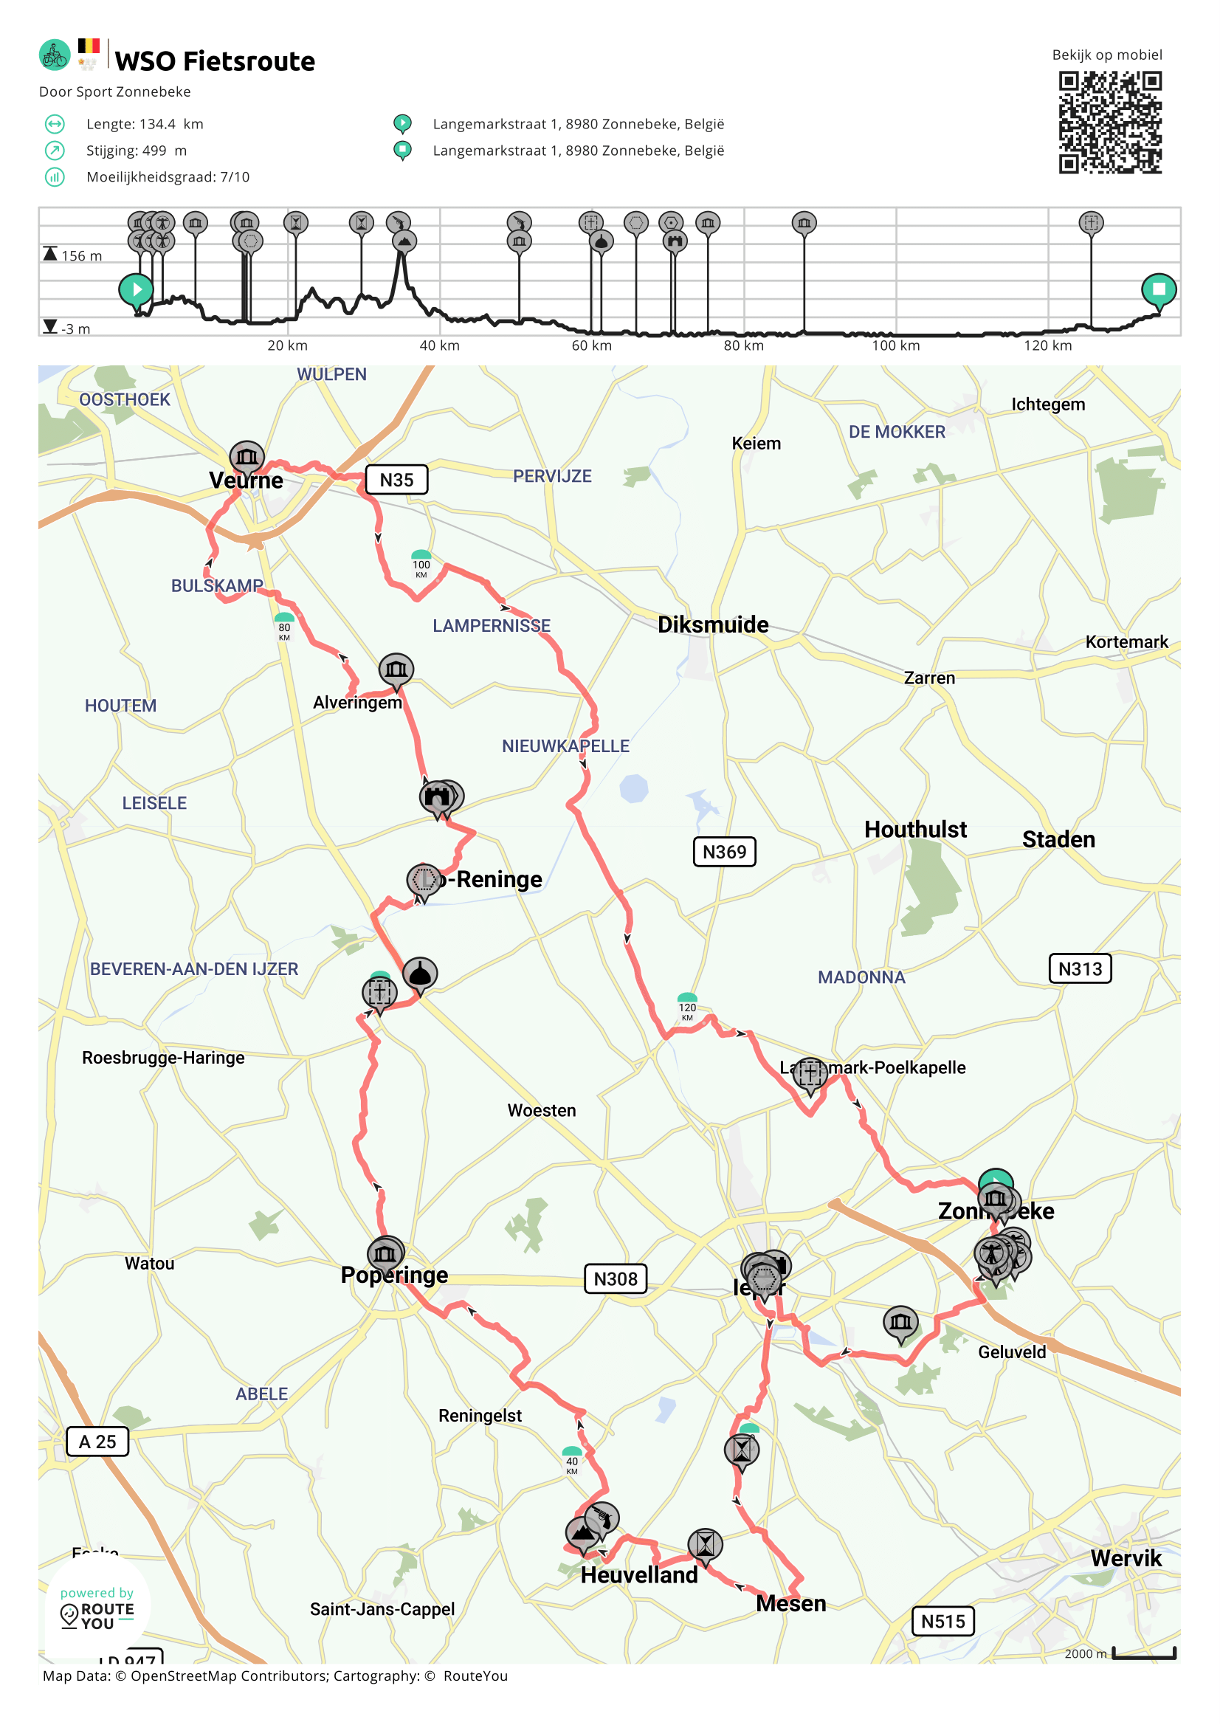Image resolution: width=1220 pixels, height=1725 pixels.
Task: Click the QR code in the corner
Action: pos(1109,123)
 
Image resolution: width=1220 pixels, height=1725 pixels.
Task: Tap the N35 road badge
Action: pos(396,480)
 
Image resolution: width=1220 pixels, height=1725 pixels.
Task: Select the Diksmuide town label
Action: pos(713,624)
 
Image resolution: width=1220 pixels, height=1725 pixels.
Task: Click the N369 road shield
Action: pos(724,852)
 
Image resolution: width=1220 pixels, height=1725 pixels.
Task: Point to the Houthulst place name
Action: pos(915,830)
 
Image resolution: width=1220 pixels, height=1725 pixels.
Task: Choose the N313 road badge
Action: pos(1080,969)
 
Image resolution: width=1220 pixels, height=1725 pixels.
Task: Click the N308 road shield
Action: pos(616,1278)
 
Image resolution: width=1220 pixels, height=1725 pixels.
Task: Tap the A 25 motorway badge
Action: pos(97,1442)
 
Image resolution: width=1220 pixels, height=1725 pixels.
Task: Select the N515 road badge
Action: pos(942,1622)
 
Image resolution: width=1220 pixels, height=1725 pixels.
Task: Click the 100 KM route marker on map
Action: pos(421,565)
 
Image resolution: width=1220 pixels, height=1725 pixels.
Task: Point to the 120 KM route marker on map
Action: pos(686,1008)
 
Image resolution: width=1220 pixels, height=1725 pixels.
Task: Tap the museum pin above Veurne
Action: pos(247,456)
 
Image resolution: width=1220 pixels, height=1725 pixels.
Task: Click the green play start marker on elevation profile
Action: pos(136,289)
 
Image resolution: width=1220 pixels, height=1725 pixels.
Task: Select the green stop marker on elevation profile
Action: pos(1159,289)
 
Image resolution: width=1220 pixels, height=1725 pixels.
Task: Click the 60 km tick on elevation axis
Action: pos(591,345)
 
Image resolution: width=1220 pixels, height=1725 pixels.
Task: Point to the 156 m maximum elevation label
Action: pos(81,256)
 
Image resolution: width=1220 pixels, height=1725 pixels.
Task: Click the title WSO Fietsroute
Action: pos(215,61)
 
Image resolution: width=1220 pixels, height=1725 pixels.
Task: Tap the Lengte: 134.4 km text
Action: pos(144,124)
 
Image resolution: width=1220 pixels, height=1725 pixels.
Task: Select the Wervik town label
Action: pos(1126,1558)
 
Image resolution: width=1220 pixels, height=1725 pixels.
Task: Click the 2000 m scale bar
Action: pos(1143,1653)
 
